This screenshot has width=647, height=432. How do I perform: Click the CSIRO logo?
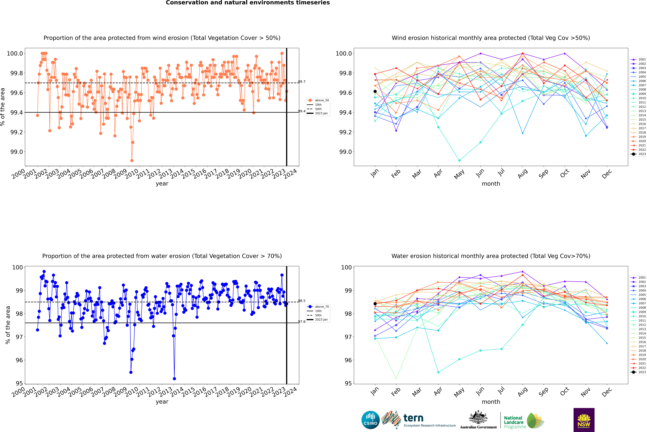point(370,420)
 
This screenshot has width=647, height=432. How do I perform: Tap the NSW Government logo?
point(584,420)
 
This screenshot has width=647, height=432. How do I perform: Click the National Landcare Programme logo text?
point(514,422)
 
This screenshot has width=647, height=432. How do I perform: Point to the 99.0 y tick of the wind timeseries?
point(17,152)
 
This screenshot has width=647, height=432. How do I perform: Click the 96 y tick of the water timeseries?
point(19,360)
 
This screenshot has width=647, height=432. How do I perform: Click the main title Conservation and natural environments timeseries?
point(248,3)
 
